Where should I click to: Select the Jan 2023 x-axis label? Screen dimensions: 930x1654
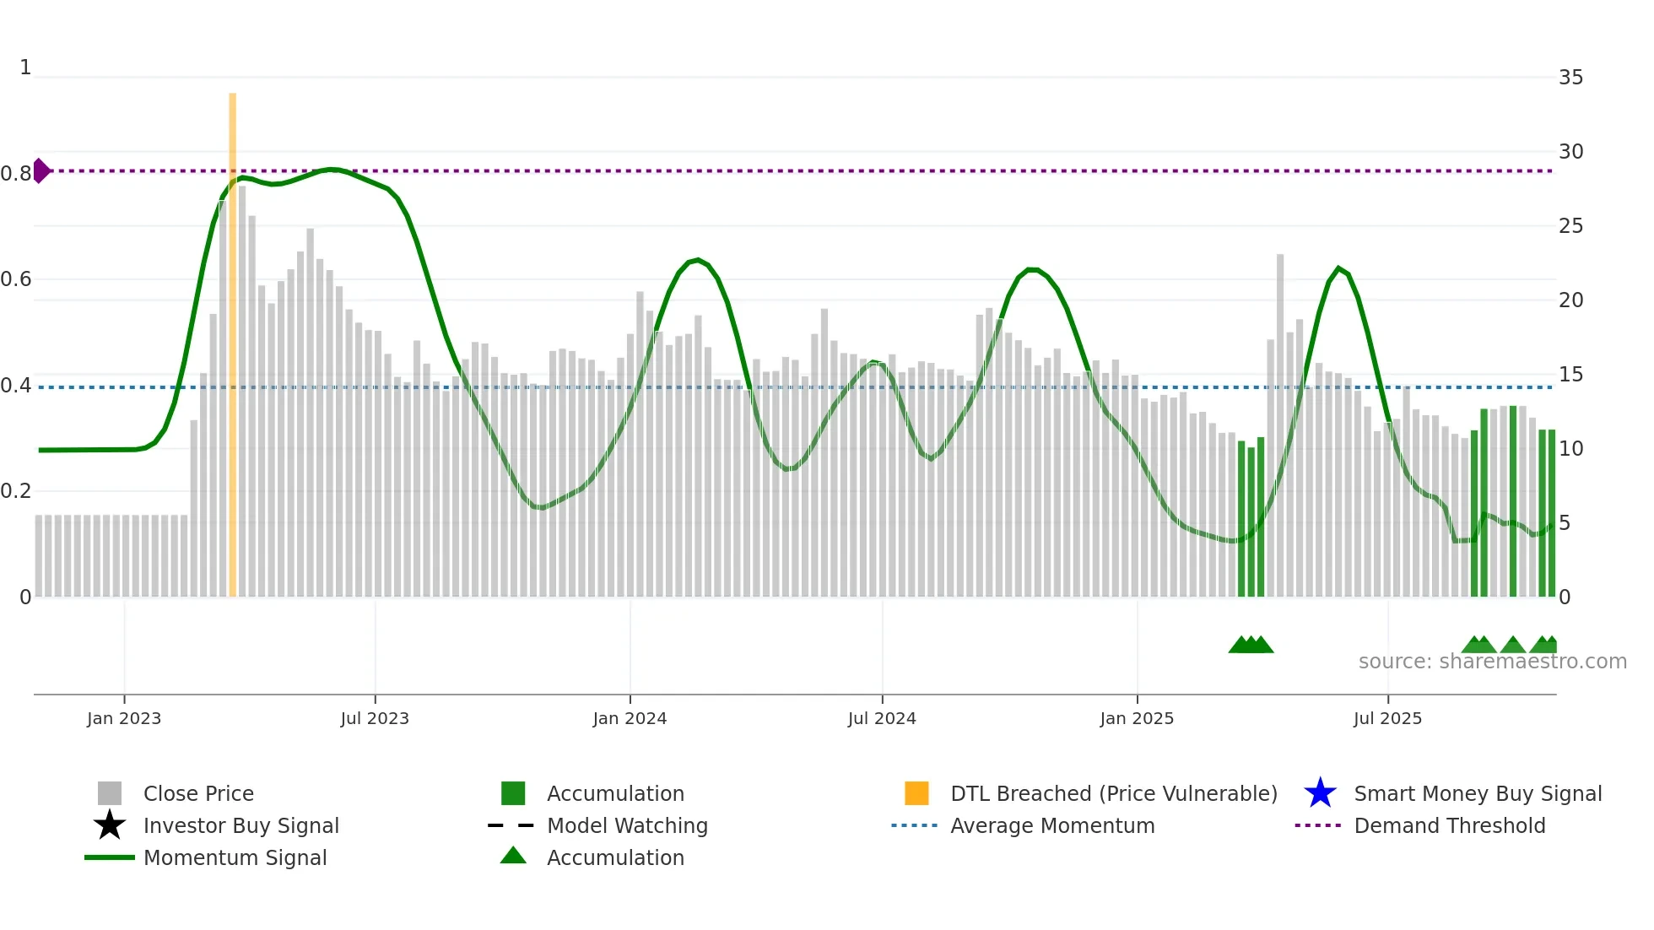tap(124, 718)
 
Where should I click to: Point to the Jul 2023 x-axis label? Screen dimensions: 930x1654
tap(375, 718)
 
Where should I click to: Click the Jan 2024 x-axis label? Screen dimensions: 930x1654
tap(630, 718)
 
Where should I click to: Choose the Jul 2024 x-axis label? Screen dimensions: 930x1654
tap(882, 718)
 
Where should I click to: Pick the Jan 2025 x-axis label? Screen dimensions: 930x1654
tap(1137, 718)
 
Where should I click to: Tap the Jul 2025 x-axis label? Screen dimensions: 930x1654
tap(1387, 718)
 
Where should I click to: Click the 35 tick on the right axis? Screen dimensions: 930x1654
tap(1570, 78)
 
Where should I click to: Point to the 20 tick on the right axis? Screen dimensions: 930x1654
tap(1570, 300)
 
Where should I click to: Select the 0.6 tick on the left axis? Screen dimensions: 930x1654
tap(16, 279)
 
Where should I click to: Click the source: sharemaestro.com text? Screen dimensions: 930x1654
tap(1492, 662)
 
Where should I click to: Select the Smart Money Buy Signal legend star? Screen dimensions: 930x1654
tap(1320, 793)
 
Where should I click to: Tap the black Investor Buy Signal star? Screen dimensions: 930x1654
tap(110, 825)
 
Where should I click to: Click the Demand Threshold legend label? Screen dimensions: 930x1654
tap(1449, 825)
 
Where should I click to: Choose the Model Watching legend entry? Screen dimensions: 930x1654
tap(627, 825)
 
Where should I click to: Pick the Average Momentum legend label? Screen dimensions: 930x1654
tap(1052, 825)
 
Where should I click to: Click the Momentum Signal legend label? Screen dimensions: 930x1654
tap(235, 857)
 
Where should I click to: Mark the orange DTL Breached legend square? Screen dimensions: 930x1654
tap(916, 793)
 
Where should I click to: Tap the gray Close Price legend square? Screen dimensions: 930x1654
tap(110, 793)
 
